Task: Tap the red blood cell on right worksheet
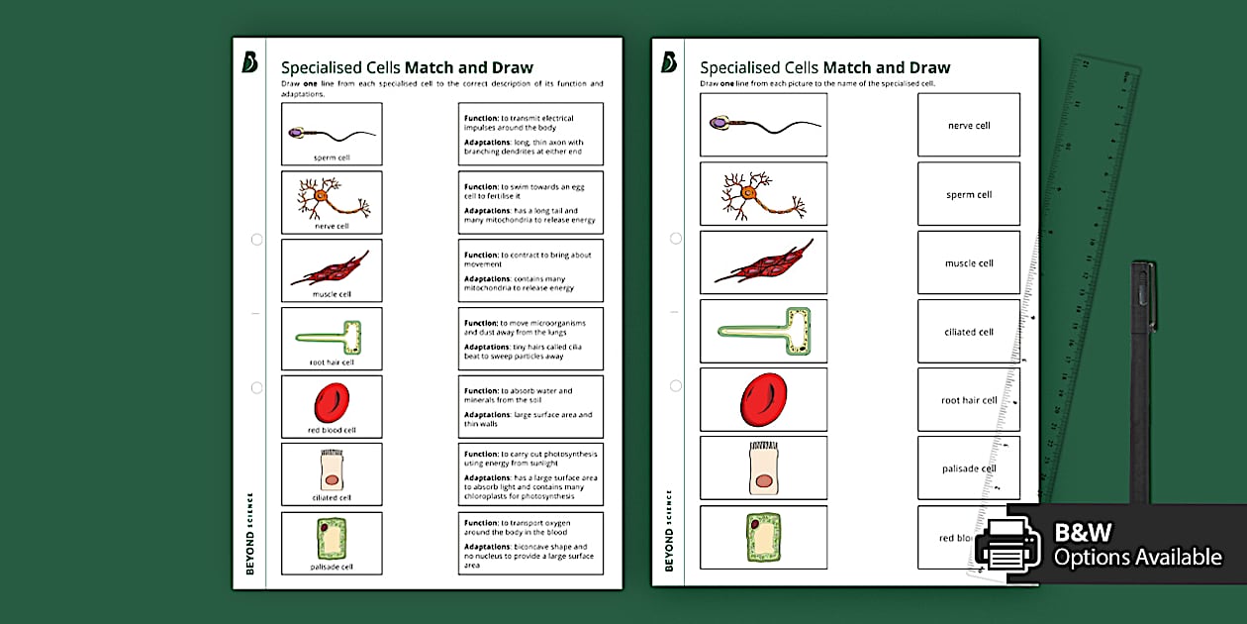coord(763,399)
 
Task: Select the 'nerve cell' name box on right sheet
coord(968,126)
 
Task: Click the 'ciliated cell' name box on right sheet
coord(968,332)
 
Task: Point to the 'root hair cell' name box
coord(968,400)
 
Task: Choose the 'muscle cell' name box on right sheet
coord(968,263)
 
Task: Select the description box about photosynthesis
coord(530,474)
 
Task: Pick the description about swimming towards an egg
coord(530,202)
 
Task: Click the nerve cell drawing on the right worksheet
coord(763,193)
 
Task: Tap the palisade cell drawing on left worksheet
coord(331,539)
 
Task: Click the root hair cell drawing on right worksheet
coord(763,331)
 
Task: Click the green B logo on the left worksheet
coord(249,62)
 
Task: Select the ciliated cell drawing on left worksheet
coord(331,469)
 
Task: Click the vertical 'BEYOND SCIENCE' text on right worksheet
coord(669,530)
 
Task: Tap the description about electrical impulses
coord(530,134)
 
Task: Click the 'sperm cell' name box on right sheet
coord(968,194)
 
